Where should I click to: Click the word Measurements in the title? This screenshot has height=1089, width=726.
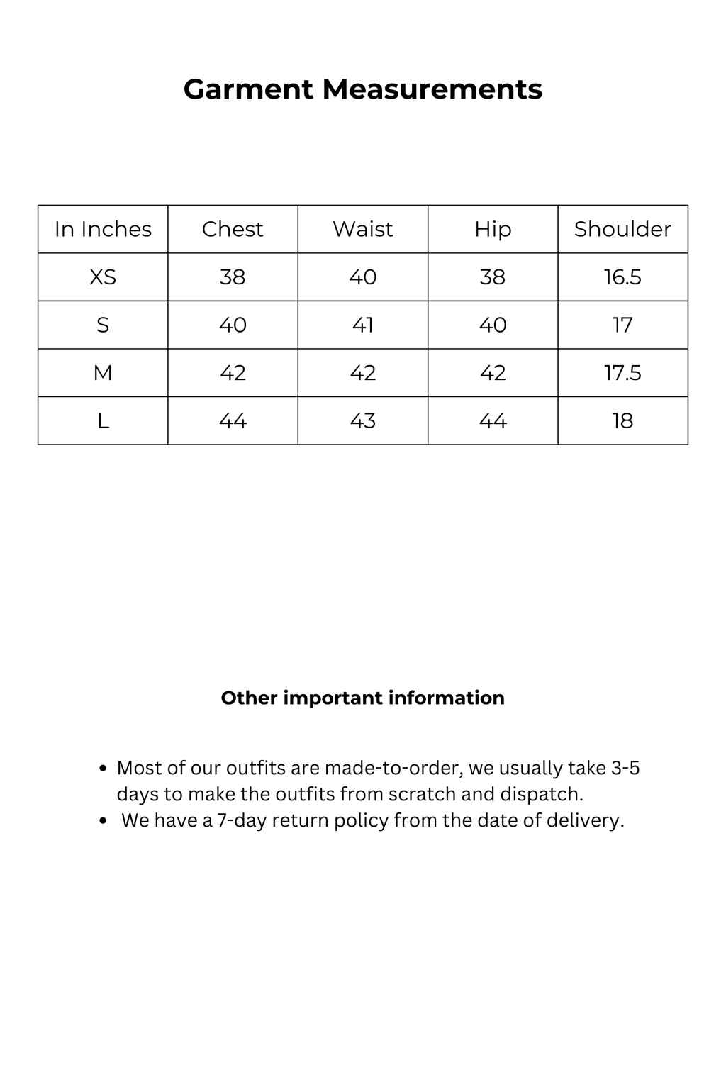point(432,90)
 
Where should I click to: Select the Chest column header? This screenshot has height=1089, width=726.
point(233,229)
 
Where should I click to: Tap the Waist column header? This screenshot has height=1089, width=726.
point(362,229)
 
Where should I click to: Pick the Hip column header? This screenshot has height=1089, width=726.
point(493,229)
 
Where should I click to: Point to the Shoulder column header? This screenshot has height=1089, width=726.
point(622,229)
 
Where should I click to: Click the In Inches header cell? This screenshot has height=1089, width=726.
point(103,229)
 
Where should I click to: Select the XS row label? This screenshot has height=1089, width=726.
point(103,277)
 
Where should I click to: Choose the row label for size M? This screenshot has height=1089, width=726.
point(103,372)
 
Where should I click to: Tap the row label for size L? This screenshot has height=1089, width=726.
point(103,420)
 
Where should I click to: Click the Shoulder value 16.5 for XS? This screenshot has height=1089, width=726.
point(622,277)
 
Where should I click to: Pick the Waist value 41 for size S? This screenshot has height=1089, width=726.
point(362,325)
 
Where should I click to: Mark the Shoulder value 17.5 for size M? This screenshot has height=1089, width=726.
point(622,372)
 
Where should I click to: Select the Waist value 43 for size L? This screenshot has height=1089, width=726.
point(362,420)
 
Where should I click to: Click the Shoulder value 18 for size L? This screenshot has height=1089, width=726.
point(622,420)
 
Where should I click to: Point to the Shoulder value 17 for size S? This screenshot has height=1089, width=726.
point(622,325)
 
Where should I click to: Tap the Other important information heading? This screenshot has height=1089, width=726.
point(362,698)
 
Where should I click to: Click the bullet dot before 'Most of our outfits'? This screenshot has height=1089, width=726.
point(104,769)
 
